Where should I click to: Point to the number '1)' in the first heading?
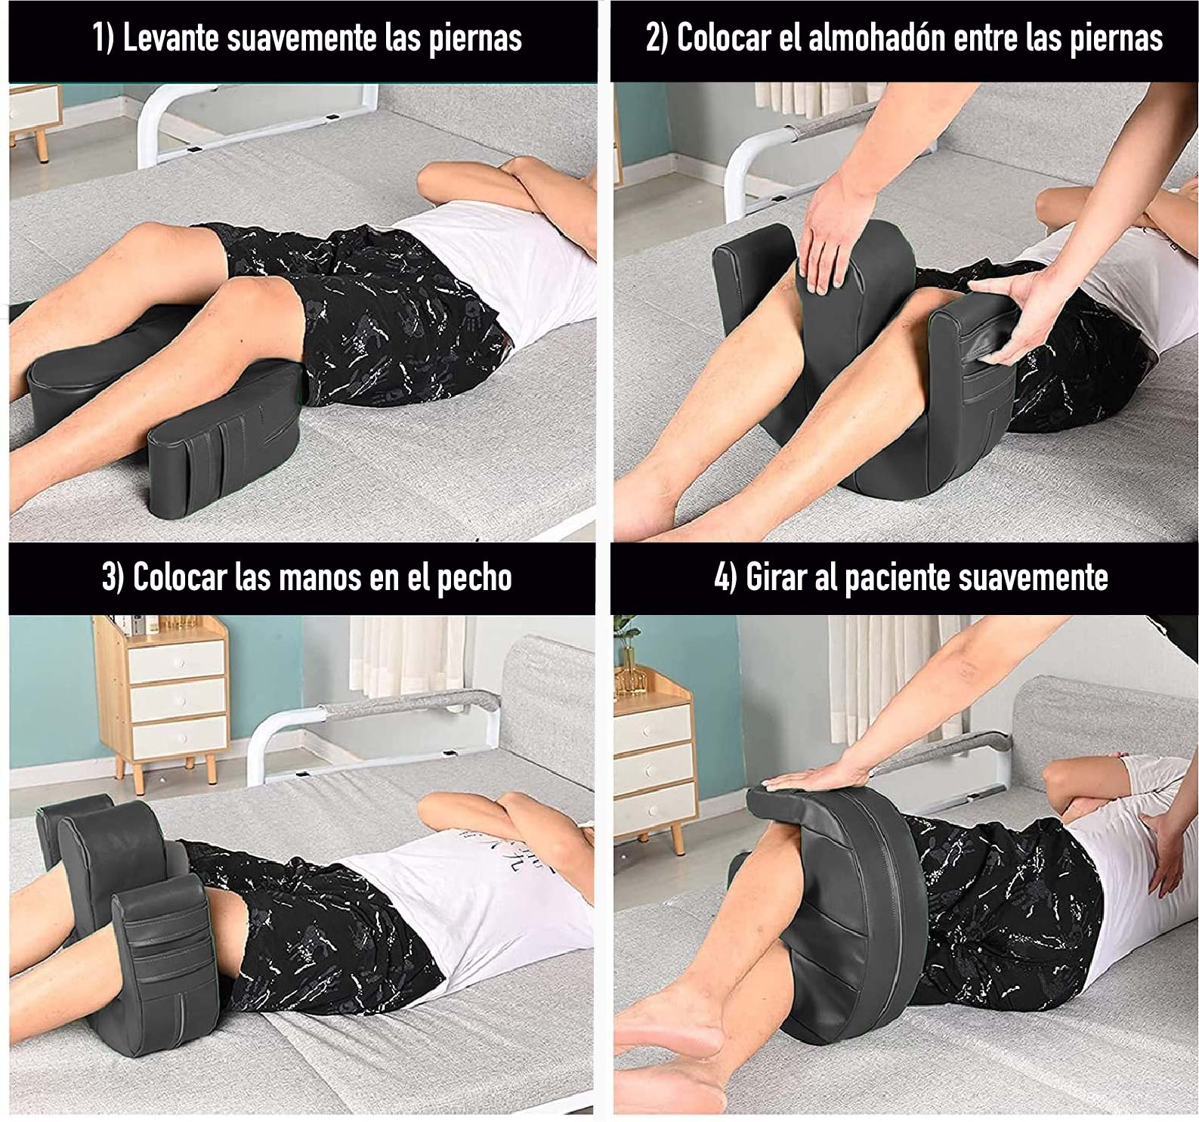[104, 38]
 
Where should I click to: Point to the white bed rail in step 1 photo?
[257, 113]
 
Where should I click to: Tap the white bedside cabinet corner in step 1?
[34, 113]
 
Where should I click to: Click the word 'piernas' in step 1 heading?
[475, 38]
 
